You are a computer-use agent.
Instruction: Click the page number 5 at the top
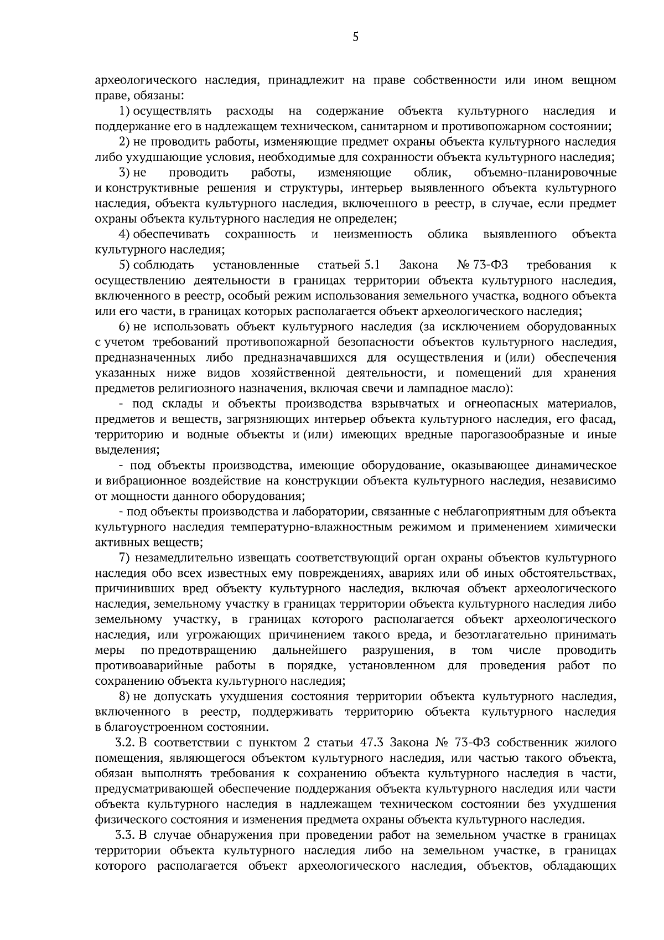click(355, 37)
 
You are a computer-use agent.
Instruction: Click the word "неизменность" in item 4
click(373, 234)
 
